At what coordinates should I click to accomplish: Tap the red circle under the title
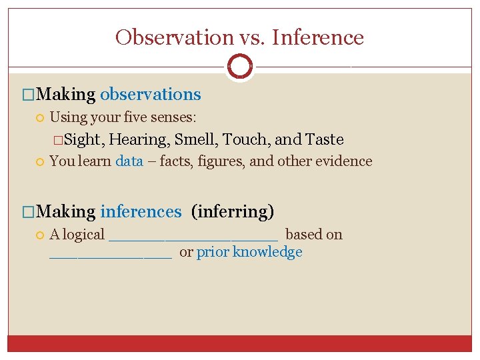239,67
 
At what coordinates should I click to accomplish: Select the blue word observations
150,95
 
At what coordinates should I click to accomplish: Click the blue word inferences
141,212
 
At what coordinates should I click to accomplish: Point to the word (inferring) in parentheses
233,212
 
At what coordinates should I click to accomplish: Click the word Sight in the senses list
82,140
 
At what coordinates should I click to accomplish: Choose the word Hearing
138,140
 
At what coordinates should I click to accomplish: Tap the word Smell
195,140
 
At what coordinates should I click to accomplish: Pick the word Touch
245,140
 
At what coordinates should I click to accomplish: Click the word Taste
324,140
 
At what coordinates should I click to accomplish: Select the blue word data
129,161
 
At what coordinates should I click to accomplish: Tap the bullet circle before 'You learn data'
40,161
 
